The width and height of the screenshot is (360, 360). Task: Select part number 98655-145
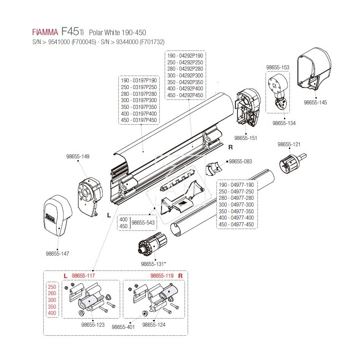(x=315, y=103)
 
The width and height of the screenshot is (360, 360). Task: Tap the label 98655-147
(x=58, y=254)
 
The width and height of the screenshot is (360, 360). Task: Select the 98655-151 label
(x=246, y=138)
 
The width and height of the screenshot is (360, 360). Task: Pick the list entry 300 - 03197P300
(x=139, y=100)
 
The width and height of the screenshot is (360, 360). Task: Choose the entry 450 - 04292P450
(x=184, y=95)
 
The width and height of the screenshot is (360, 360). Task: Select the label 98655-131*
(x=153, y=264)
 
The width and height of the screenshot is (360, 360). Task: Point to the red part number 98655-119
(x=162, y=275)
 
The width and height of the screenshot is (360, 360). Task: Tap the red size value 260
(x=52, y=293)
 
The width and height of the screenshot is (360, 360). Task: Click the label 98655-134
(x=284, y=122)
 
